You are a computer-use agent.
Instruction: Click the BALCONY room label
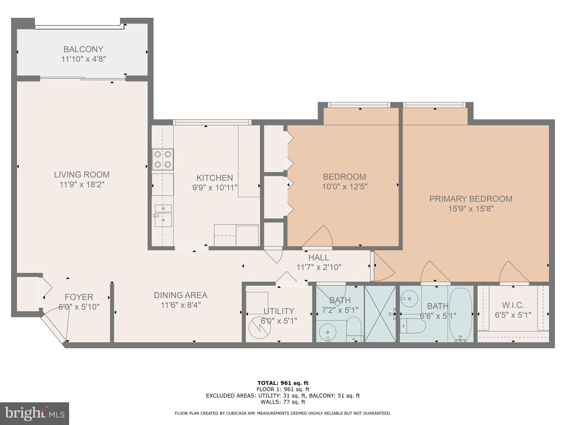point(83,49)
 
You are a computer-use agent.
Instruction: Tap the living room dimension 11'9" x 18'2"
point(82,185)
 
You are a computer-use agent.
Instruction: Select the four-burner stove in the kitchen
point(163,159)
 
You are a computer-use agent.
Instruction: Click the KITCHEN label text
point(214,178)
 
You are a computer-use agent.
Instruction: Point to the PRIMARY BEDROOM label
point(471,199)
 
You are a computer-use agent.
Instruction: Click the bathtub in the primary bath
point(460,314)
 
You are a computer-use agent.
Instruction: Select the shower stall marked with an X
point(380,314)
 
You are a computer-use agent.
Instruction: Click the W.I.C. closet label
point(513,305)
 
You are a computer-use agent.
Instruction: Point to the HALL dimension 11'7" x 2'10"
point(319,267)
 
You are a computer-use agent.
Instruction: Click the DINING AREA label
point(180,295)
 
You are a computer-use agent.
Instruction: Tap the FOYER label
point(79,297)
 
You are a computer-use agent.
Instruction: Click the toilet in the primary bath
point(413,326)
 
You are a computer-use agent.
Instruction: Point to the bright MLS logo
point(34,414)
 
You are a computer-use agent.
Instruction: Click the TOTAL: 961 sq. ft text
point(283,383)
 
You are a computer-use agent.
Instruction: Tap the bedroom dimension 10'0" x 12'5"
point(344,187)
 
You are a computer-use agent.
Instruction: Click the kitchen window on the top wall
point(212,122)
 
